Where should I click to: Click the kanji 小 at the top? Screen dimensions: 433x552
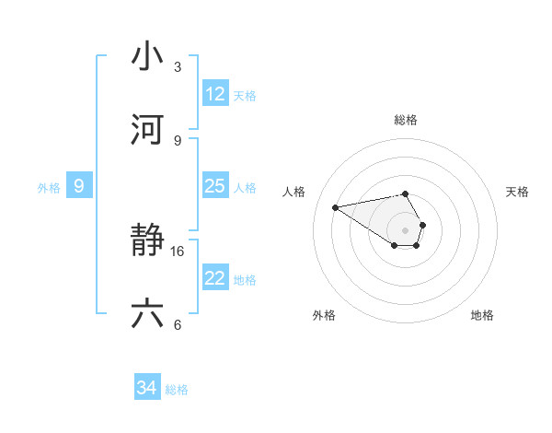[147, 56]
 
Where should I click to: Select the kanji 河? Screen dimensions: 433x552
[147, 130]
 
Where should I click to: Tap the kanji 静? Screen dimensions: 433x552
[147, 240]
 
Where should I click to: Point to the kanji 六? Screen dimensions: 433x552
[147, 314]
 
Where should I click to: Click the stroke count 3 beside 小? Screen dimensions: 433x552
[178, 67]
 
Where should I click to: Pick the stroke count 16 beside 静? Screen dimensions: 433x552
[178, 251]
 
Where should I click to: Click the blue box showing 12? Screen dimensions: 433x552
[215, 94]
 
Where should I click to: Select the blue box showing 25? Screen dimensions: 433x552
[215, 186]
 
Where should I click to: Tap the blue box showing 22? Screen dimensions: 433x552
[215, 278]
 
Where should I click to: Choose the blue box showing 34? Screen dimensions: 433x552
[147, 388]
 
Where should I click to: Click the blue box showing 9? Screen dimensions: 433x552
[79, 186]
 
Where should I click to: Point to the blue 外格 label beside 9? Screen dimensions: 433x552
[49, 187]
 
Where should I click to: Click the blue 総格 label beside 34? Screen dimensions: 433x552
[177, 390]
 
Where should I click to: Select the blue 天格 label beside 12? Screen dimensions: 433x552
[245, 95]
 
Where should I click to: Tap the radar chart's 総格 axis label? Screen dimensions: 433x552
[406, 120]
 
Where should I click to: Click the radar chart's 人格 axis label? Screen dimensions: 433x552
[294, 191]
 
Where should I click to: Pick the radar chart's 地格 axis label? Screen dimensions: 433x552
[482, 315]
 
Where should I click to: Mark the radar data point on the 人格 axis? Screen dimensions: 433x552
[336, 206]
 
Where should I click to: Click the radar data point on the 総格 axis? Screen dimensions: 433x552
[406, 193]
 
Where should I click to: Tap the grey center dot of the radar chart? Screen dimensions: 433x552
[406, 229]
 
